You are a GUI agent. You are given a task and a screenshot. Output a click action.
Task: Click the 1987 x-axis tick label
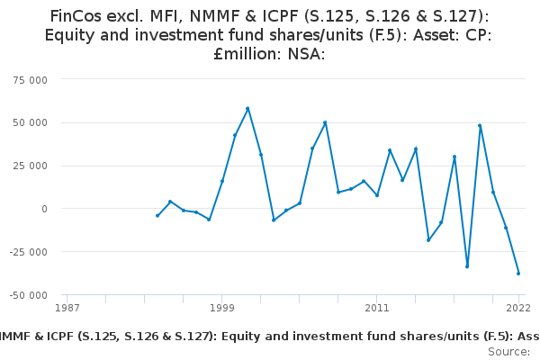[x=67, y=308]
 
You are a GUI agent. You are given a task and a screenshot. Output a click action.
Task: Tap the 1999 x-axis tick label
[x=222, y=308]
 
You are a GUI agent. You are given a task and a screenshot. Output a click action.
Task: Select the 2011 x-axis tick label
[x=377, y=308]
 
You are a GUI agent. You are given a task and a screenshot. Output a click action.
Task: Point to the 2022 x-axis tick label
[x=519, y=308]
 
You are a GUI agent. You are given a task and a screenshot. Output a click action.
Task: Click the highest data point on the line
[x=247, y=109]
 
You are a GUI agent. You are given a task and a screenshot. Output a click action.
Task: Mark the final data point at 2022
[x=518, y=273]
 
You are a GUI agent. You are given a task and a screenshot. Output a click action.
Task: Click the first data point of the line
[x=157, y=215]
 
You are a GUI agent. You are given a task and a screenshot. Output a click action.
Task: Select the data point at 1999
[x=222, y=181]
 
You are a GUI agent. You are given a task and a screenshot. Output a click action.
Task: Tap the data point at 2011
[x=377, y=195]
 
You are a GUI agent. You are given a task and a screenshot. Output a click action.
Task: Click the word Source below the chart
[x=508, y=352]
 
